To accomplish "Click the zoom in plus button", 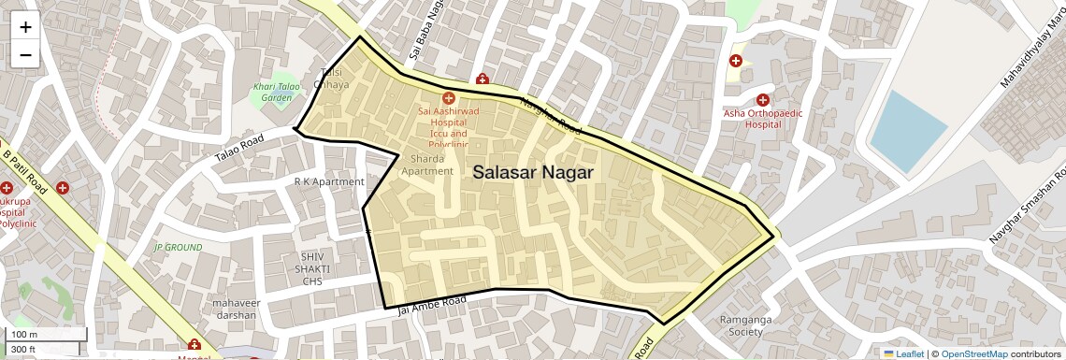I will coord(25,27).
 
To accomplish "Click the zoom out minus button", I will coord(25,55).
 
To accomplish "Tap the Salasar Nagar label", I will coord(534,172).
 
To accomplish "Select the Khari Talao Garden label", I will coord(277,92).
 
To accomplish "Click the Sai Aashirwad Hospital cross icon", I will coord(448,97).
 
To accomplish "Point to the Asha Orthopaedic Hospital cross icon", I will coord(763,100).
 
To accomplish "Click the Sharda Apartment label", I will coord(426,165).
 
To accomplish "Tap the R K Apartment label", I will coord(329,181).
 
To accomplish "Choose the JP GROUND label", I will coord(178,248).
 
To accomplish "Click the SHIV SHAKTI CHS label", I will coord(311,268).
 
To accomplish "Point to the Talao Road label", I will coord(239,149).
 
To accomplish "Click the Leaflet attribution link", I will coord(903,353).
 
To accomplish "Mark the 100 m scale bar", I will coord(47,334).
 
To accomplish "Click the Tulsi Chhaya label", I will coord(333,79).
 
